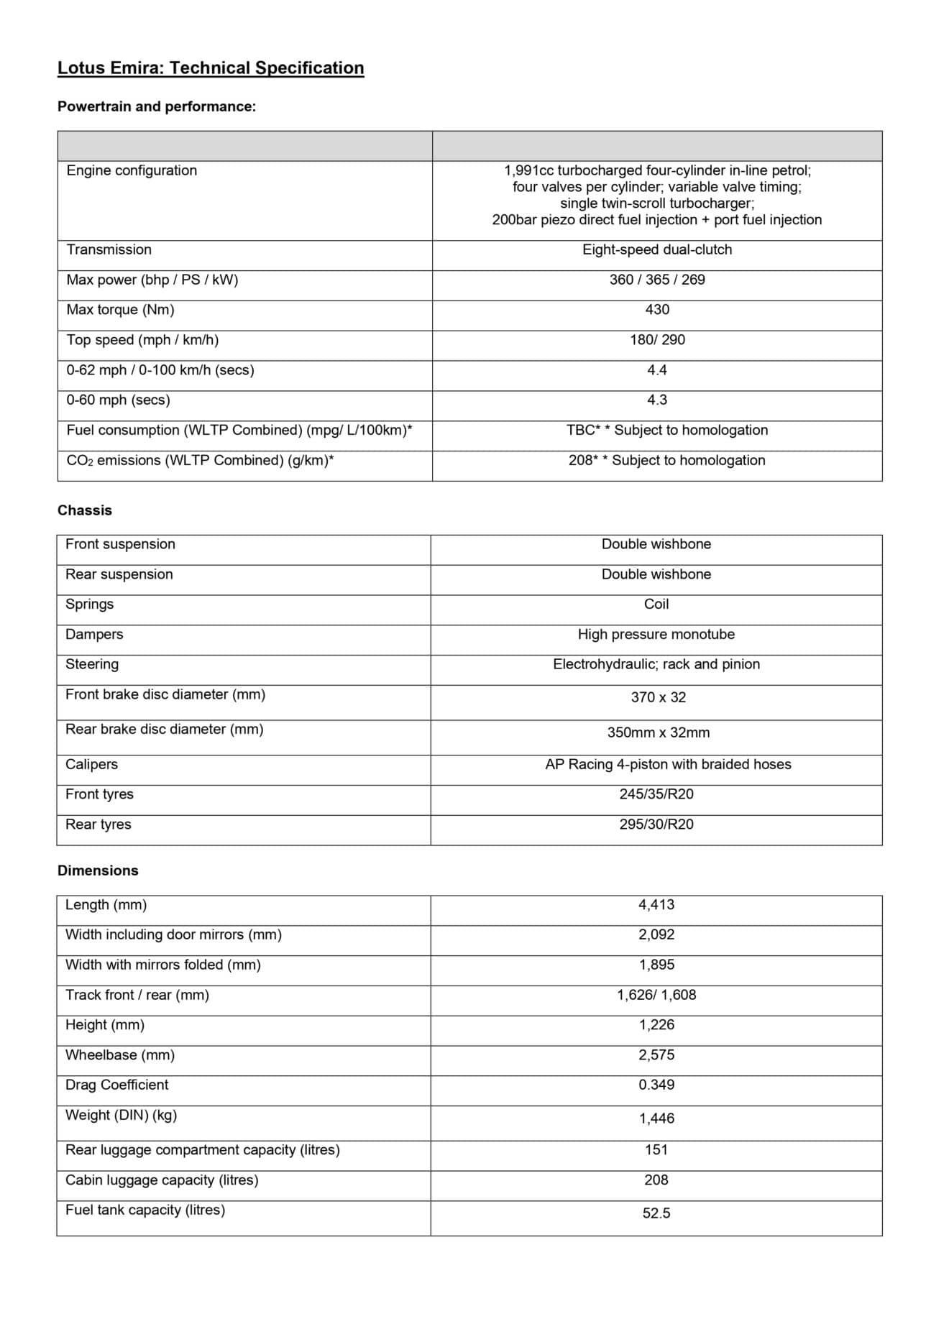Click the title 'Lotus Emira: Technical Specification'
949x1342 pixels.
coord(211,68)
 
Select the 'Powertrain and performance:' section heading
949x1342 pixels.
coord(157,107)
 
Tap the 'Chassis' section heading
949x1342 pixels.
coord(85,510)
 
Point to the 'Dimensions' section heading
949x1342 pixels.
coord(98,870)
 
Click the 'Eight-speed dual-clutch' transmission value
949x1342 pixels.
coord(657,250)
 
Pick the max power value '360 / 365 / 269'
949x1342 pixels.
coord(657,280)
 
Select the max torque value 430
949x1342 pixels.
coord(657,310)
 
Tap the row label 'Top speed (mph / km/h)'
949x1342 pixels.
coord(142,340)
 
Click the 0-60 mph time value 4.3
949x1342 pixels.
coord(657,400)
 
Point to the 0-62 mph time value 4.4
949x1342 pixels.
coord(657,370)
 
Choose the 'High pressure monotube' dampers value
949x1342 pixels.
coord(656,635)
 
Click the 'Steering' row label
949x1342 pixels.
coord(92,665)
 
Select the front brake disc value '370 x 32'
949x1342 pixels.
coord(659,697)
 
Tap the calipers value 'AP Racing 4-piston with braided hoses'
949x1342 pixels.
coord(668,765)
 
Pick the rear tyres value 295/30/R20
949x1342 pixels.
coord(656,824)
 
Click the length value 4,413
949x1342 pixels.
coord(656,905)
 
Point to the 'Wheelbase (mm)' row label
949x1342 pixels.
coord(120,1055)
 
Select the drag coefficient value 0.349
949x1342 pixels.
coord(656,1085)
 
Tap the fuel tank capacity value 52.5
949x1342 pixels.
coord(656,1213)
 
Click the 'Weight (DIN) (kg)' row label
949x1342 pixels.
coord(121,1116)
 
